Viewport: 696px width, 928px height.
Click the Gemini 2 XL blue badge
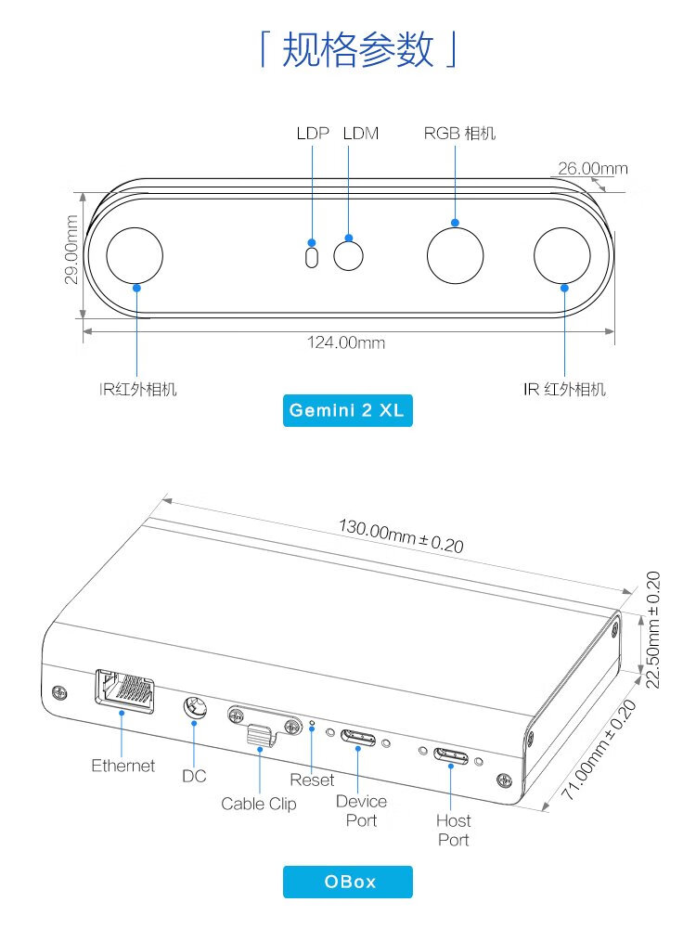point(347,410)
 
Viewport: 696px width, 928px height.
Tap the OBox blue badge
point(347,882)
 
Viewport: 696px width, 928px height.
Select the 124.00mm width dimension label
point(345,342)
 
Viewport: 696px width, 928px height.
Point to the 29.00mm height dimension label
point(71,249)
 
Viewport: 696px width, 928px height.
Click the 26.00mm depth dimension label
point(592,169)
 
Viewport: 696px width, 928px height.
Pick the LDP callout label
point(313,134)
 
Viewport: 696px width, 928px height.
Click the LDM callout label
point(361,134)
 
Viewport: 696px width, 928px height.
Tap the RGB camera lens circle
point(455,256)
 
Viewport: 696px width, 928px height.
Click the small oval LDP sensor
point(311,257)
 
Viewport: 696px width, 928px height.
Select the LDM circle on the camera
point(349,256)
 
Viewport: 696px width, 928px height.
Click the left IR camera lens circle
point(135,256)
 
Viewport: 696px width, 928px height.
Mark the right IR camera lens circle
point(562,256)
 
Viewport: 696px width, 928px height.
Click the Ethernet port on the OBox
point(124,691)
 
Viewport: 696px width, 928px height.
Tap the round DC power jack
point(195,707)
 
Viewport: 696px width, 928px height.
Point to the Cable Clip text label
point(259,804)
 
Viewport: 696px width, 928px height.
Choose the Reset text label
point(312,780)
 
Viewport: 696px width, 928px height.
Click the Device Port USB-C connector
point(358,739)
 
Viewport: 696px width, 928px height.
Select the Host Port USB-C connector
point(451,755)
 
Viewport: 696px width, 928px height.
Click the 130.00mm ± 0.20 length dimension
point(401,535)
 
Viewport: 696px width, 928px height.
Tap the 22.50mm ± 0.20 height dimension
point(652,630)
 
